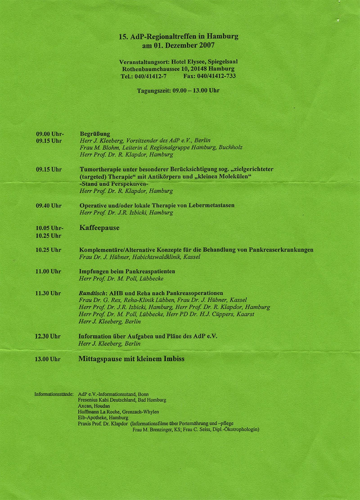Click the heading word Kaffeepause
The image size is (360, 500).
(99, 228)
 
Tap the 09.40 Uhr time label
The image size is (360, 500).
(49, 206)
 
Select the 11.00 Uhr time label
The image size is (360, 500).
(49, 271)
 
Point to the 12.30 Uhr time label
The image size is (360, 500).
(48, 336)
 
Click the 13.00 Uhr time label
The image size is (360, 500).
(48, 359)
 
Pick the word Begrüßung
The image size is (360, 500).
(95, 134)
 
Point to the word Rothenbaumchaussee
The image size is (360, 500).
(152, 69)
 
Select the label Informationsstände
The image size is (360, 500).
(54, 394)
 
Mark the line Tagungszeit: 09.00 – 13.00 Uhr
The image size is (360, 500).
(178, 90)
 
